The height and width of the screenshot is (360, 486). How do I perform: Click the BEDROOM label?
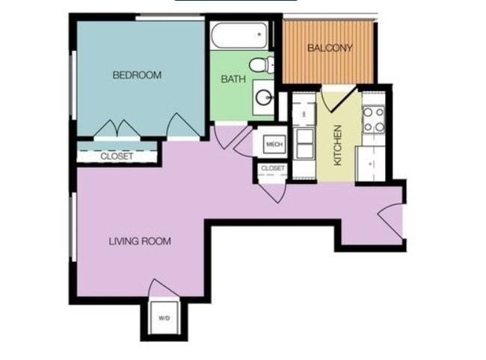point(137,75)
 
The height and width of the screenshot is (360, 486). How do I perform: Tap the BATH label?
point(230,79)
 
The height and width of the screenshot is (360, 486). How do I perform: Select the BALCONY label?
point(330,49)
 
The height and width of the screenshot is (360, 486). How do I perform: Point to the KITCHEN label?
point(338,144)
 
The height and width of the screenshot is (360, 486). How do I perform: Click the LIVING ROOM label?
point(140,241)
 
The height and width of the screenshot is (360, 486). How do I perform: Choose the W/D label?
point(164,319)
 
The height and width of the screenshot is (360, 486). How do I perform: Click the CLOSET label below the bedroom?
point(117,156)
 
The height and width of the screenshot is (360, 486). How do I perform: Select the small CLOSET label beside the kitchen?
point(272,168)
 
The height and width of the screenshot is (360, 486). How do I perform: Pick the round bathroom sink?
point(264,97)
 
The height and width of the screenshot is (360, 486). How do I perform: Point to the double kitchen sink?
point(305,143)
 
